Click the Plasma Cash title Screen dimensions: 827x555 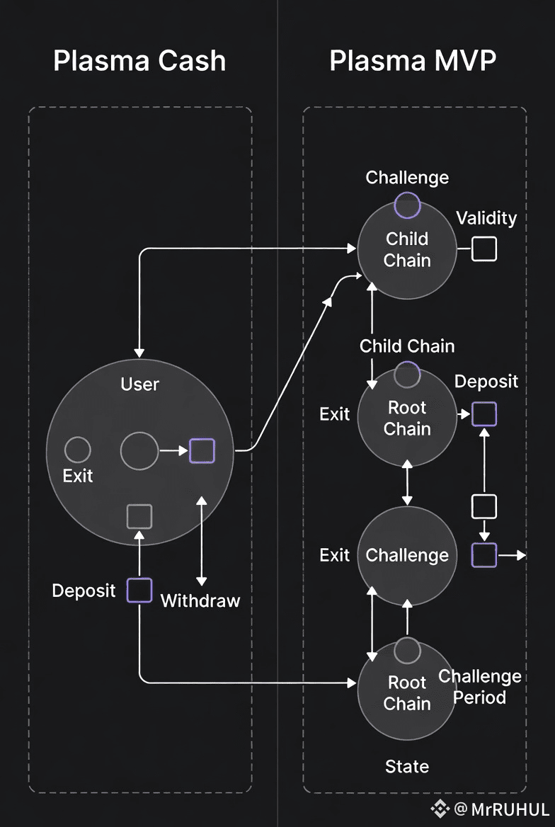(x=139, y=62)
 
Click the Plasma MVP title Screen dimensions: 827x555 (x=413, y=62)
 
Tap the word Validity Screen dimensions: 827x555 (x=486, y=217)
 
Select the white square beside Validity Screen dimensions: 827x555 (x=484, y=249)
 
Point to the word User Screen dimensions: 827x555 (x=139, y=384)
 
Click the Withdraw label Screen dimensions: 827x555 (x=200, y=601)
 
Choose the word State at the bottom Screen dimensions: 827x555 (x=407, y=766)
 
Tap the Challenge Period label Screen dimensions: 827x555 (x=480, y=687)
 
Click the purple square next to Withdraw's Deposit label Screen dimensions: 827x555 (x=139, y=590)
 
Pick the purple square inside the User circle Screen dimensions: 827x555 (x=202, y=450)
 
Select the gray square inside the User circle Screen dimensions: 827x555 (x=139, y=516)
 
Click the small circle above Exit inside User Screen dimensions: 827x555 (x=78, y=450)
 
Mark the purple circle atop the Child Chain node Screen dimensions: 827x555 (x=407, y=205)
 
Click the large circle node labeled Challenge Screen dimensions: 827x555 (x=407, y=556)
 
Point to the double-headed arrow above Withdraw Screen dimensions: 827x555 (x=202, y=540)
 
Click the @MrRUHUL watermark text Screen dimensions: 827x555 (x=501, y=809)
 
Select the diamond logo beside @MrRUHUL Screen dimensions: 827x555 (x=441, y=809)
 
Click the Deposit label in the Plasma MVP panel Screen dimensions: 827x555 (x=486, y=382)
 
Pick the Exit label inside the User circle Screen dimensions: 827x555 (x=78, y=476)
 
